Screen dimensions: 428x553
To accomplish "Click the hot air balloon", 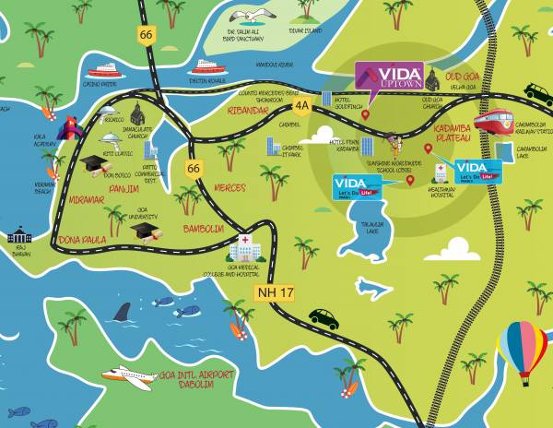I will pos(522,349).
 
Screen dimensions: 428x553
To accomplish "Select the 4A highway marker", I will pos(301,106).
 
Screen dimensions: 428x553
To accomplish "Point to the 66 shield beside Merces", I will pos(193,169).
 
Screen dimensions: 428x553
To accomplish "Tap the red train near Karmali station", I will pos(495,121).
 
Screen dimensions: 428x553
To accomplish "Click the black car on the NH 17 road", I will pos(324,317).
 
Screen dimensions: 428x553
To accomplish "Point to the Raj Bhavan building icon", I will pos(19,235).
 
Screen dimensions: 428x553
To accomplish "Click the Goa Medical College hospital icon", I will pos(243,246).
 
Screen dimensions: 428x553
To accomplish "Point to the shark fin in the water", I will pos(122,312).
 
